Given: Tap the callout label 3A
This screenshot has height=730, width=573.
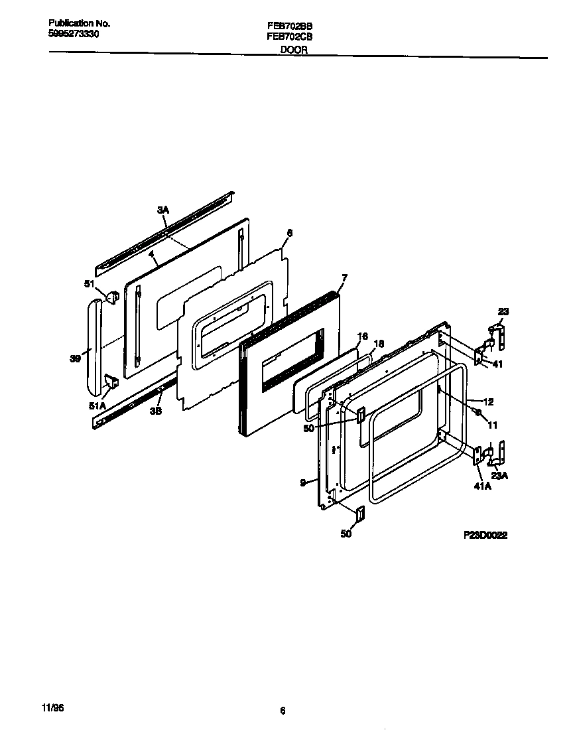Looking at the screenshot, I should (163, 210).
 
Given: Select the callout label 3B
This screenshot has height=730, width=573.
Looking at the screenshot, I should (155, 410).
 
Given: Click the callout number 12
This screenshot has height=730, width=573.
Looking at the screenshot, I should (488, 402).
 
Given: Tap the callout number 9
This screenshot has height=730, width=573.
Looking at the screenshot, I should (302, 483).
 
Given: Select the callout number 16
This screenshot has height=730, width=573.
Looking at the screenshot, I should (362, 336).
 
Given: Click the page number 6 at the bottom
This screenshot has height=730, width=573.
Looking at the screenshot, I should (283, 711).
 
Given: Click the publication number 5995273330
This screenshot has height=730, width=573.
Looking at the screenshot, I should (74, 33).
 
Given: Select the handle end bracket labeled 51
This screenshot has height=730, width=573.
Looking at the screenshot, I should (112, 293).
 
